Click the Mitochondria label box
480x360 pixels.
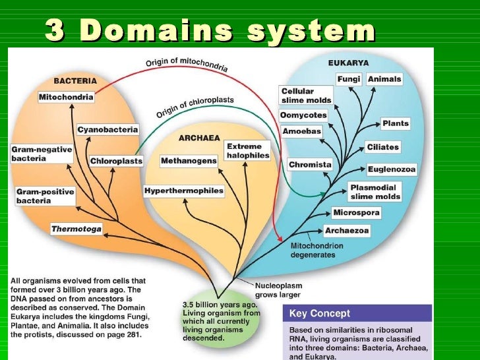pyautogui.click(x=66, y=97)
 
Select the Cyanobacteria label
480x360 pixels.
pyautogui.click(x=106, y=129)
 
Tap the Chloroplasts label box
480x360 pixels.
pyautogui.click(x=116, y=160)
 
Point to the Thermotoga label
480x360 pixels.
pyautogui.click(x=77, y=229)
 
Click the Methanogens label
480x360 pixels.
pyautogui.click(x=188, y=160)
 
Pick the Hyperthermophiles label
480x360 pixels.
pyautogui.click(x=184, y=191)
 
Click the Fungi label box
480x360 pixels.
pyautogui.click(x=348, y=79)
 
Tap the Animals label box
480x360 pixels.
pyautogui.click(x=384, y=79)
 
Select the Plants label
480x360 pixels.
pyautogui.click(x=395, y=123)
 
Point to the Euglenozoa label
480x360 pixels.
pyautogui.click(x=392, y=169)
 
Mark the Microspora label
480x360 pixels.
pyautogui.click(x=356, y=213)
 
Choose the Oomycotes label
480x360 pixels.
pyautogui.click(x=303, y=115)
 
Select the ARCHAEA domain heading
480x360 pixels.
pyautogui.click(x=199, y=138)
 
